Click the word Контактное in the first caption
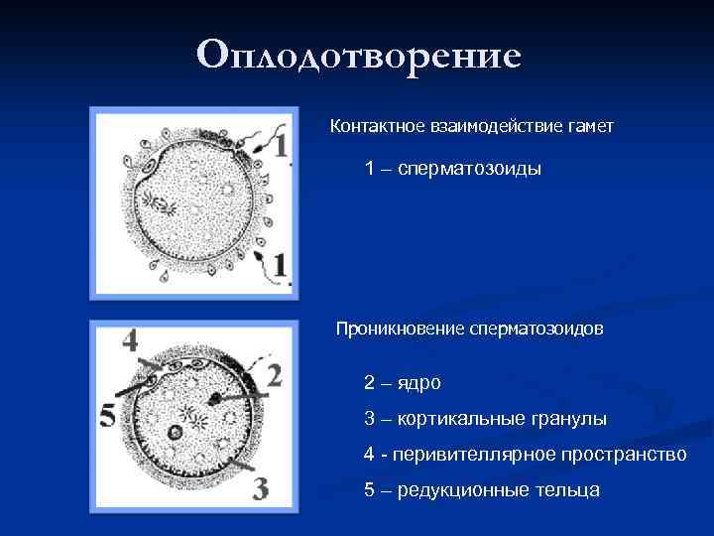[376, 127]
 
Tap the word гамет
[589, 127]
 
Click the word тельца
[568, 491]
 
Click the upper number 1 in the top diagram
[280, 146]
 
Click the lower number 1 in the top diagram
[280, 266]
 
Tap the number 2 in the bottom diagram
[272, 375]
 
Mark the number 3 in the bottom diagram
[260, 487]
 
